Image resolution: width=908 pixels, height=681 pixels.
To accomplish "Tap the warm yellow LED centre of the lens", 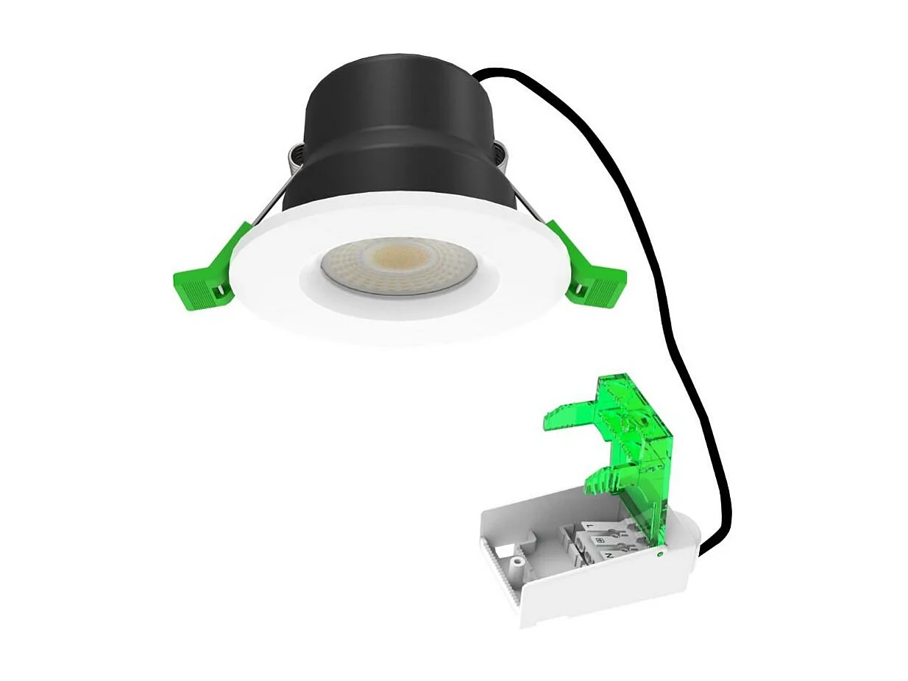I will coord(397,258).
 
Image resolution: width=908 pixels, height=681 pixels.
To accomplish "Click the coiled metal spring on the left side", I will coord(292,158).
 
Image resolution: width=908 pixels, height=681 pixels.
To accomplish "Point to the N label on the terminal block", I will coord(609,554).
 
